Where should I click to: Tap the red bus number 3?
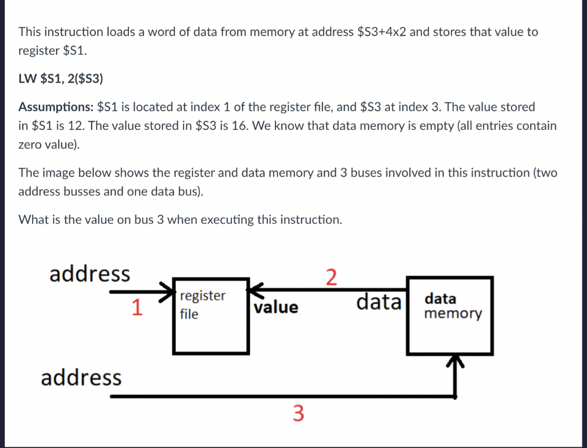point(298,414)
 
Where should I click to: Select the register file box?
point(211,316)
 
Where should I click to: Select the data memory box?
point(450,316)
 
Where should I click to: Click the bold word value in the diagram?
point(276,307)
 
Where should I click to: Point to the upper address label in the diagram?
point(90,274)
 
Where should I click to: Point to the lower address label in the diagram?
point(81,377)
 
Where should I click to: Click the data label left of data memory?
point(379,303)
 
